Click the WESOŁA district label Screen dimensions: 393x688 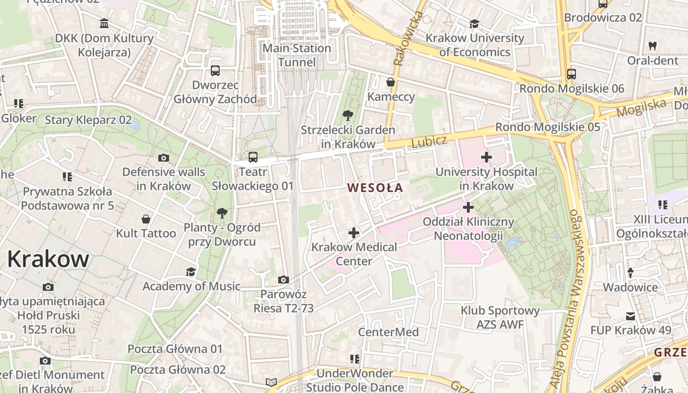(x=375, y=187)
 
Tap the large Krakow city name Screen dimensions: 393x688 (x=48, y=259)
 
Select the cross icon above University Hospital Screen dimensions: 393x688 (x=487, y=157)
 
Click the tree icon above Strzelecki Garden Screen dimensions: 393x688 (x=348, y=116)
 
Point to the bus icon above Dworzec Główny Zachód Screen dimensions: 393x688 (x=215, y=71)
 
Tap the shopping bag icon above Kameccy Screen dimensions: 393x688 (x=391, y=82)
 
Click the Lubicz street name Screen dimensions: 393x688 (x=429, y=142)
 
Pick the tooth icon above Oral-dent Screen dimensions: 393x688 (x=653, y=46)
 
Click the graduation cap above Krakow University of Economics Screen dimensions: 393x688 (x=474, y=24)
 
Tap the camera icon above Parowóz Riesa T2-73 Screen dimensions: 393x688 (x=284, y=280)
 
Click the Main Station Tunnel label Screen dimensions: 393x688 (x=297, y=55)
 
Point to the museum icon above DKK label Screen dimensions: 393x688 (x=104, y=23)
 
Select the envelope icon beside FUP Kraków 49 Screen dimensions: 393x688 (x=631, y=316)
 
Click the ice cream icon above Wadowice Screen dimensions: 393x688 (x=631, y=273)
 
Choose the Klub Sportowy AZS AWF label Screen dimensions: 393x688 (x=500, y=317)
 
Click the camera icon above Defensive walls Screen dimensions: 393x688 (x=164, y=158)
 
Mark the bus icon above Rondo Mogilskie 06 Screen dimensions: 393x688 (x=571, y=74)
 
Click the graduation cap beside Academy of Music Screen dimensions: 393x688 (x=191, y=272)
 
